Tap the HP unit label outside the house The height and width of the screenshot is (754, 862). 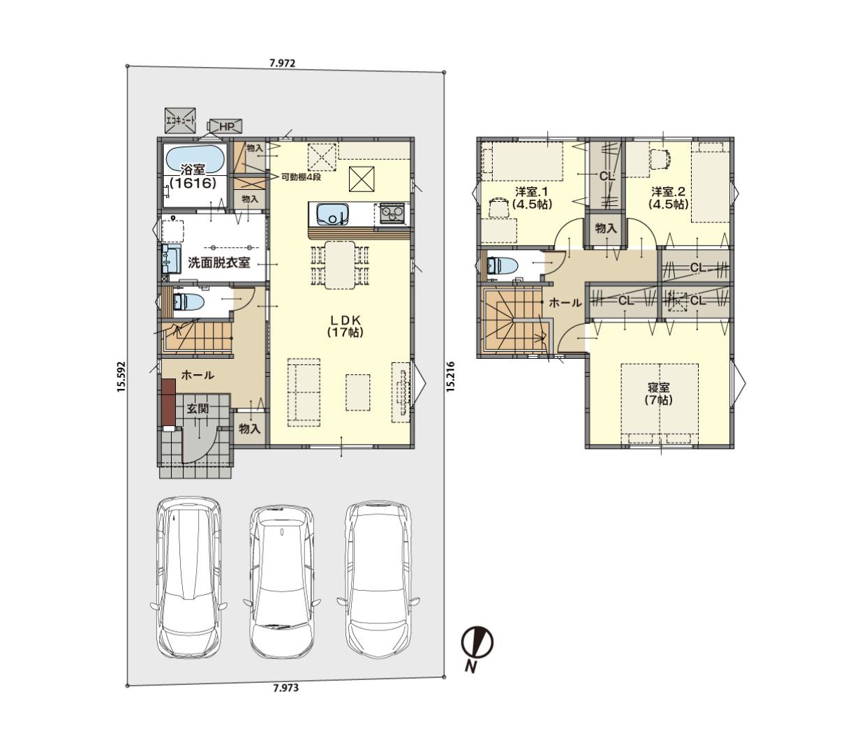point(226,126)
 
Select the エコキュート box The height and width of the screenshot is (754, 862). point(180,121)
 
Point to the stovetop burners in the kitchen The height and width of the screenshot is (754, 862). point(392,213)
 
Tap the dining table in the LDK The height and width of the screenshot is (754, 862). point(340,265)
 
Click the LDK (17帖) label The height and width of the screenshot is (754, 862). point(345,326)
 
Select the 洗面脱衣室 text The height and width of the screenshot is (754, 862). point(218,263)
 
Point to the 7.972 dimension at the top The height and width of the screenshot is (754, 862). point(282,64)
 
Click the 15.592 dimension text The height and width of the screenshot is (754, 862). point(121,376)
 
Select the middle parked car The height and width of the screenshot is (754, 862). point(282,582)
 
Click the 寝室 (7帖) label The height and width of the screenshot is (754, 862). point(658,393)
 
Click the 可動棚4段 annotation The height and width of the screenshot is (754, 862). point(302,177)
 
